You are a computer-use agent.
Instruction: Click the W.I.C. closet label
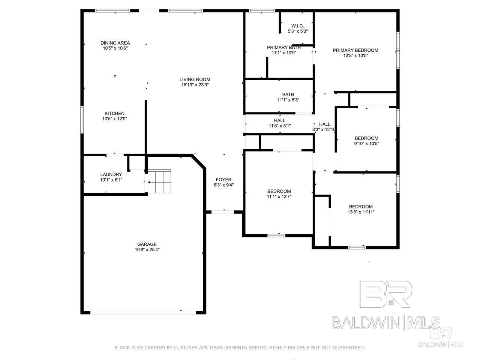(x=297, y=26)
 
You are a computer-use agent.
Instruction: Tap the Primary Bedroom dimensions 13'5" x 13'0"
(x=355, y=55)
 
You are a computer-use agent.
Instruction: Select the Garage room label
(x=147, y=244)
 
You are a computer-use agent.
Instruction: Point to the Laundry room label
(x=111, y=174)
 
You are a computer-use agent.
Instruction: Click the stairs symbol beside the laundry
(x=160, y=181)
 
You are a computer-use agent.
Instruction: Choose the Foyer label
(x=223, y=180)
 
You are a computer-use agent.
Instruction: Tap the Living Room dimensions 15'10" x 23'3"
(x=195, y=85)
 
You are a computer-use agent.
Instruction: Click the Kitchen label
(x=114, y=114)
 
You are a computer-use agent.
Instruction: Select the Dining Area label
(x=115, y=43)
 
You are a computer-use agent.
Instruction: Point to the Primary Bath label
(x=284, y=47)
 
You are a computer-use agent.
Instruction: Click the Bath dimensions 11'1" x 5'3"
(x=288, y=100)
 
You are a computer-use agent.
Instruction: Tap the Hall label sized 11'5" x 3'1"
(x=279, y=120)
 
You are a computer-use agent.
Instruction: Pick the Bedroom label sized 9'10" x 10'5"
(x=366, y=138)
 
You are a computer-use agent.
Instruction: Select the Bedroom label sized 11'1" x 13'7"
(x=279, y=191)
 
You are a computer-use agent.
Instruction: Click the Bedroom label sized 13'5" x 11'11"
(x=361, y=207)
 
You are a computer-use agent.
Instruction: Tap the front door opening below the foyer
(x=223, y=212)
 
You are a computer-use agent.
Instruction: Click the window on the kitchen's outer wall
(x=82, y=119)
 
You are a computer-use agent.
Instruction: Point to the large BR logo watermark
(x=385, y=294)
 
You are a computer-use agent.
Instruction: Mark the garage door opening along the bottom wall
(x=143, y=313)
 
